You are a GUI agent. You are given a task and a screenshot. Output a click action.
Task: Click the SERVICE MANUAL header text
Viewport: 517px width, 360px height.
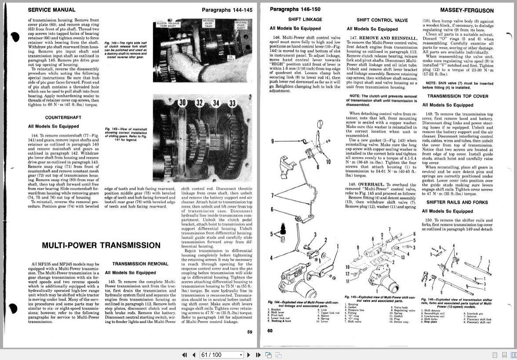pos(51,10)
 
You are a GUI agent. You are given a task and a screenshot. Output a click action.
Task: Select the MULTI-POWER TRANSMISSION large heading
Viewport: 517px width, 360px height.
pos(101,245)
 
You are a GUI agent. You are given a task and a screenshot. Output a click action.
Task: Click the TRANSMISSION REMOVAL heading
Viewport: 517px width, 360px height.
pos(140,264)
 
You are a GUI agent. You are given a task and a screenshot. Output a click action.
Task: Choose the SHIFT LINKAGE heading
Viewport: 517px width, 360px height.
pos(305,20)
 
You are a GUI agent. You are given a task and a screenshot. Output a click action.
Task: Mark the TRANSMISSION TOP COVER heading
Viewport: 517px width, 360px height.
pos(457,96)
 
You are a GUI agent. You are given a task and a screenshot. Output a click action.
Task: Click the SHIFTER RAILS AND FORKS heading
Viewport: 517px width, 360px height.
pos(457,202)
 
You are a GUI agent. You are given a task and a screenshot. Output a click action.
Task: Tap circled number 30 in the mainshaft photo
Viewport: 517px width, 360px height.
pos(183,103)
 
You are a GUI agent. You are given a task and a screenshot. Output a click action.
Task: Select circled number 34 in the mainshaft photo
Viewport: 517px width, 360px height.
pos(216,103)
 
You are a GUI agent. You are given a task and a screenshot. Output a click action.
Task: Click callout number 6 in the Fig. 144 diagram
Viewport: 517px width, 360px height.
pos(272,210)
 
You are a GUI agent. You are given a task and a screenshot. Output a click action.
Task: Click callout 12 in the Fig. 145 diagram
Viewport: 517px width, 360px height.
pos(348,274)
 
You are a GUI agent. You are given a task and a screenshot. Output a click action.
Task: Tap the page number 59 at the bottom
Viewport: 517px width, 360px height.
pos(249,332)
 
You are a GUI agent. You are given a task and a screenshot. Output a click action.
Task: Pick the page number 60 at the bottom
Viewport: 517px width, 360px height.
pos(270,331)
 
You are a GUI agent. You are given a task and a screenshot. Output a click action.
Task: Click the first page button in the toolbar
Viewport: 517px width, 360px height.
pos(185,355)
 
